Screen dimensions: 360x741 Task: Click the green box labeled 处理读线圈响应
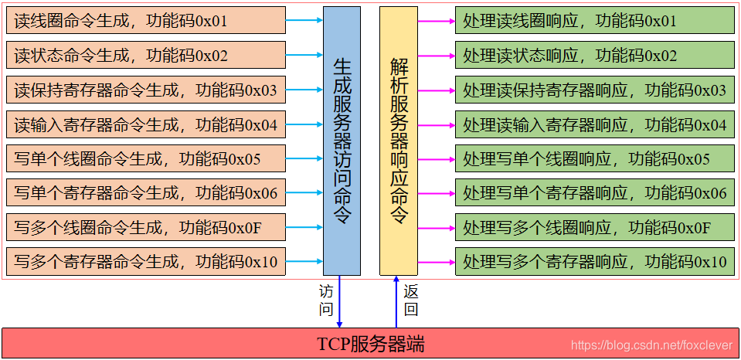coord(594,21)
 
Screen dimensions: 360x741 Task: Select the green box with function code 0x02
coord(594,55)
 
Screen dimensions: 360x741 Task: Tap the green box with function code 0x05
coord(594,158)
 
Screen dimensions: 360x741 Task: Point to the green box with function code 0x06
coord(594,192)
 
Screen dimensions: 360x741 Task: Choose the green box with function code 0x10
coord(594,262)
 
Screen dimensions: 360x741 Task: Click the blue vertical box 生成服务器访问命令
coord(342,141)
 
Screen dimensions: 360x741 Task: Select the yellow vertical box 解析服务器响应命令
coord(398,141)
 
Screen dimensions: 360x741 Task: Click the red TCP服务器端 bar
coord(370,343)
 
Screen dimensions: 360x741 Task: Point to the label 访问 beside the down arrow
coord(326,301)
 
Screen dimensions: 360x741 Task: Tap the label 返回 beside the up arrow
coord(411,301)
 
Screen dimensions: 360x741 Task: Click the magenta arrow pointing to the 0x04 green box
coord(436,125)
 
